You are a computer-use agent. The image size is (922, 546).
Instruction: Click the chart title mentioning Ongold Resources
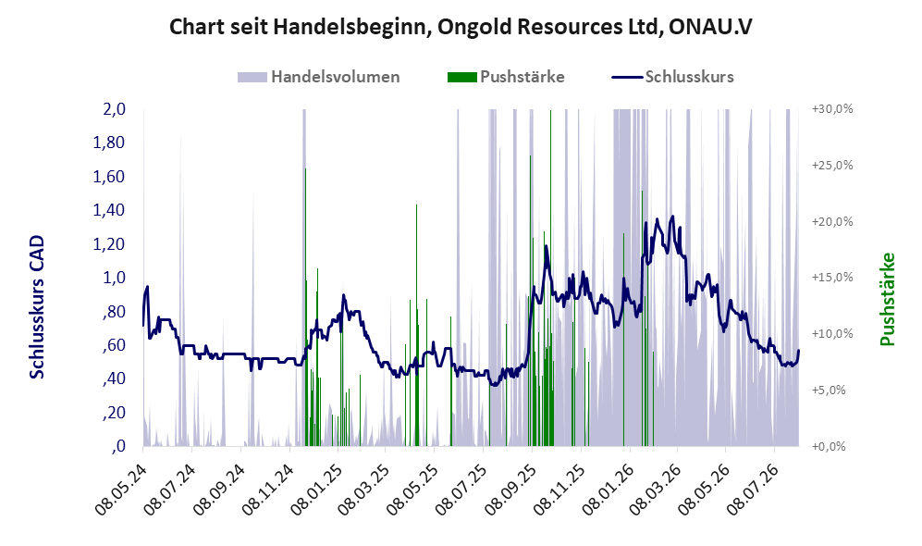(461, 27)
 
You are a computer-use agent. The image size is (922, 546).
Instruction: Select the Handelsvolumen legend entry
(319, 77)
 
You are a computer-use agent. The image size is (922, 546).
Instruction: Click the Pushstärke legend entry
(506, 77)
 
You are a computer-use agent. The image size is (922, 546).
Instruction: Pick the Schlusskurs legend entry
(672, 77)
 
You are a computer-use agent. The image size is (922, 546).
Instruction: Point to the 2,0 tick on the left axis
(114, 109)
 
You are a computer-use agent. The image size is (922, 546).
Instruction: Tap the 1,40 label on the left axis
(109, 210)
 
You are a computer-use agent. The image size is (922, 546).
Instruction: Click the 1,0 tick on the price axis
(114, 278)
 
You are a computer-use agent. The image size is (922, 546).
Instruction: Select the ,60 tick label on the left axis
(114, 345)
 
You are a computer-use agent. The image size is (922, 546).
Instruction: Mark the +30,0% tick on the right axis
(832, 109)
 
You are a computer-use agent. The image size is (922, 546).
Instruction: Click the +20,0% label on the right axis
(832, 222)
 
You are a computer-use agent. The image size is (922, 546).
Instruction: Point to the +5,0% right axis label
(829, 391)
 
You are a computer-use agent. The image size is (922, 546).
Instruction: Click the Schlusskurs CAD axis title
(37, 306)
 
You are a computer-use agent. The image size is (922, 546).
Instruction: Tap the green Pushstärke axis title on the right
(887, 300)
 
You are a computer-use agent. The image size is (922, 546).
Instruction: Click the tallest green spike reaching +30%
(550, 278)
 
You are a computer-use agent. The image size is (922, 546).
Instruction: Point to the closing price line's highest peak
(672, 216)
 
